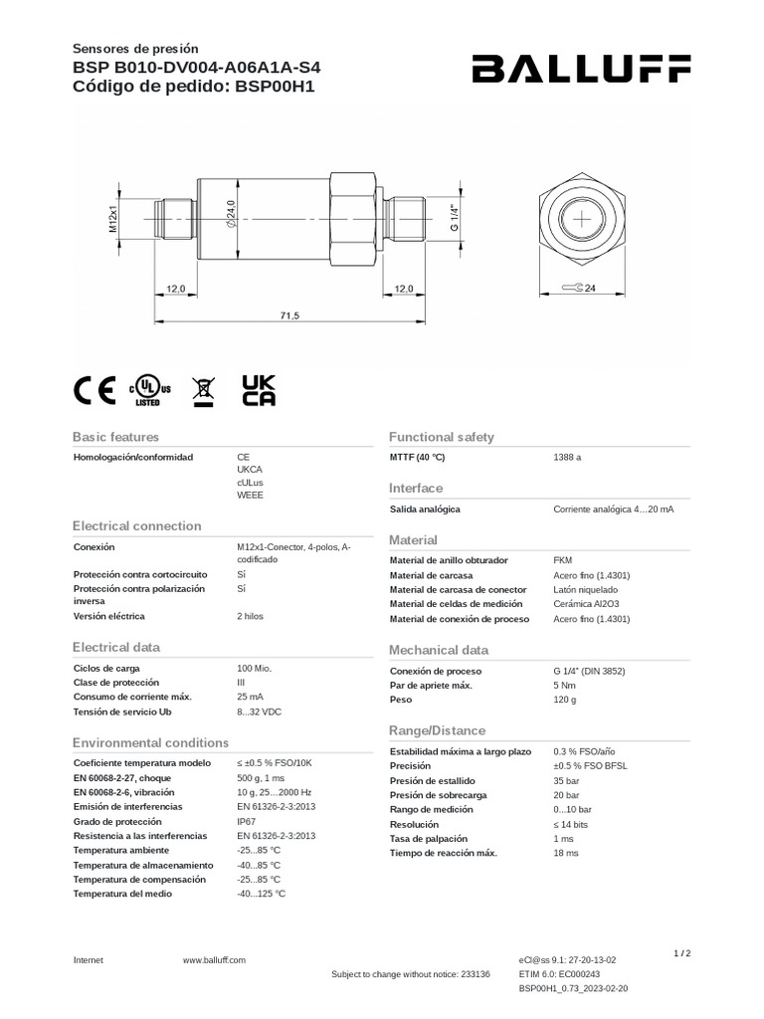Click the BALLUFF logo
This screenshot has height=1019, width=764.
[x=581, y=70]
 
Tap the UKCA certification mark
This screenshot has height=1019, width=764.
[x=259, y=390]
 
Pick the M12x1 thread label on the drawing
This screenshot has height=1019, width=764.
[x=113, y=216]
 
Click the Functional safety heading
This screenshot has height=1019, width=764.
[x=441, y=437]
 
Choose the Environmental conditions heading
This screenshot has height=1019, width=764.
[x=150, y=742]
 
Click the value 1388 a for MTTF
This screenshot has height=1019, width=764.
[x=567, y=458]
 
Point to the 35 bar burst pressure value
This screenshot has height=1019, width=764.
[x=566, y=781]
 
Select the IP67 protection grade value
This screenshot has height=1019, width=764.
[x=247, y=822]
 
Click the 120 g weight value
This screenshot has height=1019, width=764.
[x=564, y=701]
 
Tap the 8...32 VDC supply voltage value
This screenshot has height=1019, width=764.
[x=260, y=712]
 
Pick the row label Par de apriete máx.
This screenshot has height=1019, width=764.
[x=431, y=686]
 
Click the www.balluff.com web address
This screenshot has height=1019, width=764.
[x=214, y=959]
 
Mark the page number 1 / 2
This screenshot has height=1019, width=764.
[x=681, y=953]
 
